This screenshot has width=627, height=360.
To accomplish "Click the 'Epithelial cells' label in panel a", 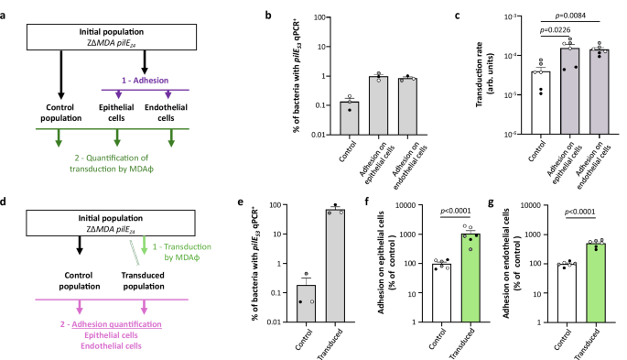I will (116, 119).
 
